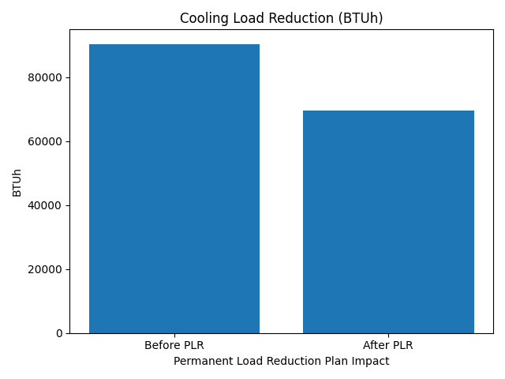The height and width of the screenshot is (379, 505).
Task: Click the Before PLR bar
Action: [x=174, y=189]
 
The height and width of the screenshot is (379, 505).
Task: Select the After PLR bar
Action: [x=388, y=222]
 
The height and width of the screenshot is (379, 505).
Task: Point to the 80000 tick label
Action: [x=47, y=77]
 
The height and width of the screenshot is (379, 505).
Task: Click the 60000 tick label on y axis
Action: [x=47, y=141]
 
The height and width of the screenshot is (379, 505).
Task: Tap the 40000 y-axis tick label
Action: [x=47, y=205]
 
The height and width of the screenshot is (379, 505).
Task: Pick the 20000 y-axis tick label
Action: [x=47, y=269]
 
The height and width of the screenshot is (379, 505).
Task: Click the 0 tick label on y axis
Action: [x=59, y=333]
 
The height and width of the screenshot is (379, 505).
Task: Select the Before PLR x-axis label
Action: [x=174, y=346]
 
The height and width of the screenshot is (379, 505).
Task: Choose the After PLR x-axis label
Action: [x=388, y=346]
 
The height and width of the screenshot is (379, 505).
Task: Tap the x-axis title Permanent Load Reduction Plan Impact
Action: [x=281, y=361]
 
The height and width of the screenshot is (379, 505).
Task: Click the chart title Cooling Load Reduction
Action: [x=281, y=18]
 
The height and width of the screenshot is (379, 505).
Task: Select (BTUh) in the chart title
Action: [x=361, y=18]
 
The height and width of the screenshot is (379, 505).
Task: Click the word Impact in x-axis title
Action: [x=372, y=361]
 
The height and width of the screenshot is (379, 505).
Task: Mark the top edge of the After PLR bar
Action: [x=388, y=111]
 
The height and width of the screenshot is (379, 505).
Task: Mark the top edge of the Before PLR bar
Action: [x=174, y=44]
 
